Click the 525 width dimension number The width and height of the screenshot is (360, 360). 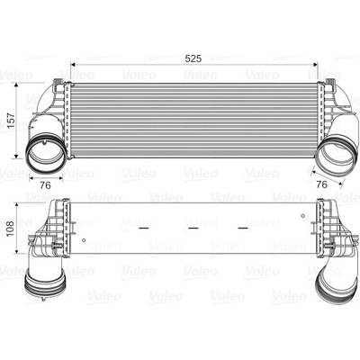193,58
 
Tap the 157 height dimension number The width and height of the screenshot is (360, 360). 12,121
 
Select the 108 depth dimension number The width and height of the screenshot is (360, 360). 11,229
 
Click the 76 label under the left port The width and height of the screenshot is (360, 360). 45,185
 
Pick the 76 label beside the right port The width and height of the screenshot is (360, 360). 322,184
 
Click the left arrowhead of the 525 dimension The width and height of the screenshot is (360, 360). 72,64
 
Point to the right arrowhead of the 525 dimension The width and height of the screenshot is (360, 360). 315,64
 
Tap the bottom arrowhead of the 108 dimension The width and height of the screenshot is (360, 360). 17,251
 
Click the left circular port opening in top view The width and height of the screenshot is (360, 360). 45,154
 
